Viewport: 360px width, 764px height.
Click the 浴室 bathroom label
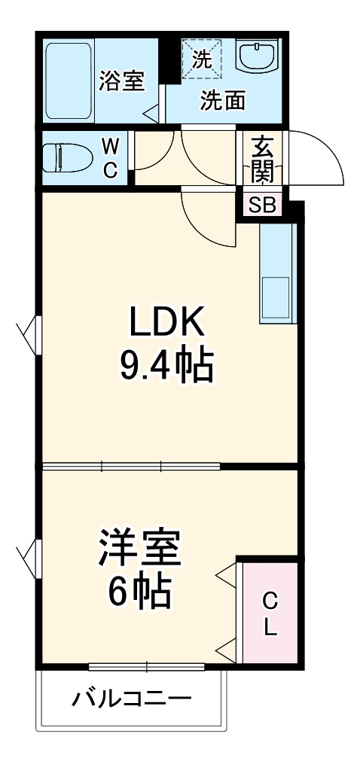(x=121, y=81)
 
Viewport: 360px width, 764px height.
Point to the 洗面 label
(x=223, y=102)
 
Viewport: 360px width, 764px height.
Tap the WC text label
(x=110, y=157)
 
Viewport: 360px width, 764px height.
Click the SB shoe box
(x=261, y=205)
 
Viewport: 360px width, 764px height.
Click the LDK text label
(x=166, y=324)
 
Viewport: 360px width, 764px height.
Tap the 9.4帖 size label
(x=166, y=367)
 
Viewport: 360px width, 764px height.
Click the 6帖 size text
(x=141, y=592)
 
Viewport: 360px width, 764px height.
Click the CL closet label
(x=270, y=613)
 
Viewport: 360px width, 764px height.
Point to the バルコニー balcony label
(x=132, y=700)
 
